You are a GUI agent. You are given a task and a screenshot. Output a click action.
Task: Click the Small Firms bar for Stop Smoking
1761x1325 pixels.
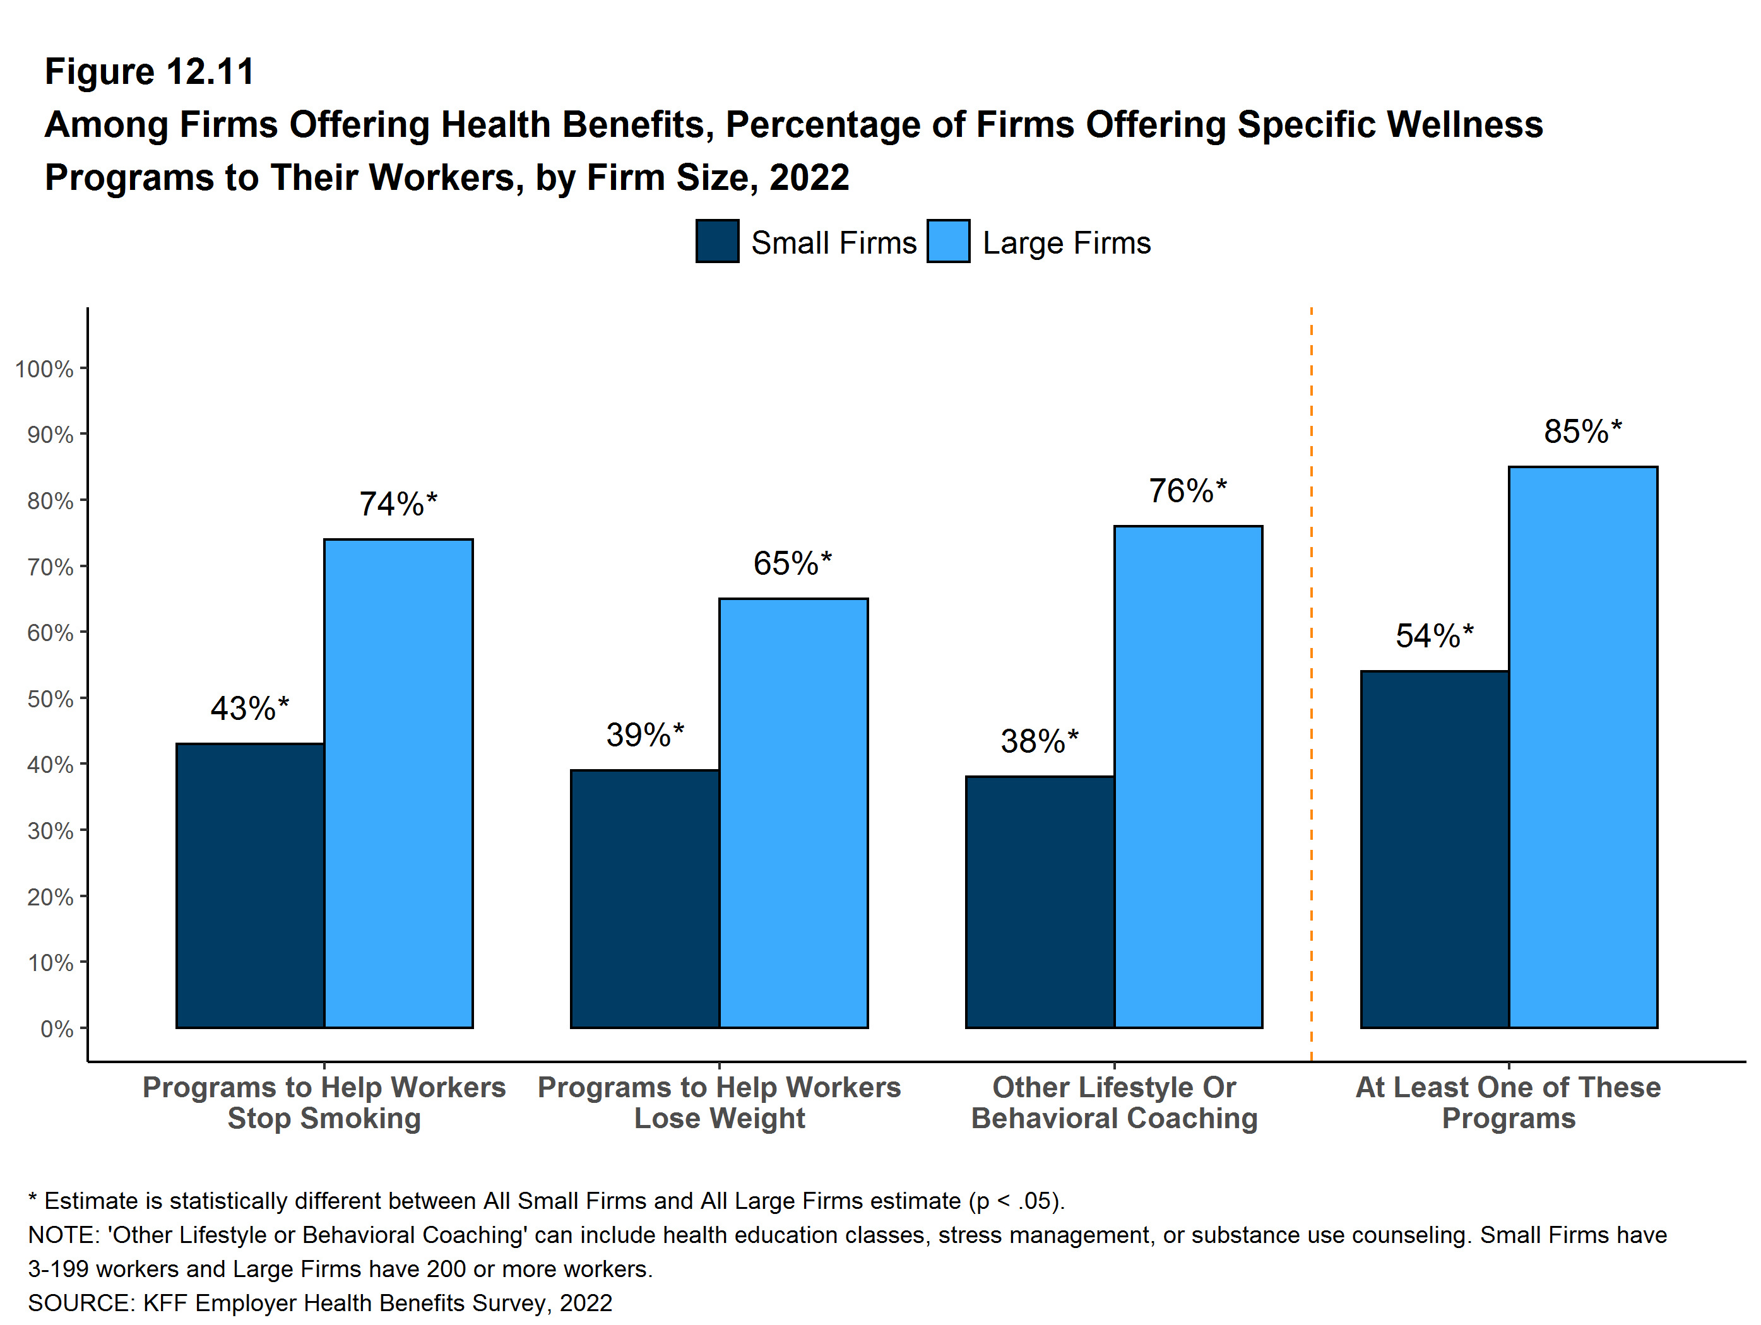[x=250, y=885]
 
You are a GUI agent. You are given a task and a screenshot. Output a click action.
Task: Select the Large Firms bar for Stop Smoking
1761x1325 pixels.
[x=398, y=783]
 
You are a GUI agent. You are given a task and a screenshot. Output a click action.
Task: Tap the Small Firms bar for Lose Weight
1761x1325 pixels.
[x=645, y=898]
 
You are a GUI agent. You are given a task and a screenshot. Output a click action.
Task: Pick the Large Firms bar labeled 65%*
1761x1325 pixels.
[x=793, y=813]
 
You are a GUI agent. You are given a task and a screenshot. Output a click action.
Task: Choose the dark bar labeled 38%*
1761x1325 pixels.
[x=1040, y=902]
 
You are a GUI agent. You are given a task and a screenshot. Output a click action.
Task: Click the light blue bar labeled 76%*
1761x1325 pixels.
[x=1188, y=777]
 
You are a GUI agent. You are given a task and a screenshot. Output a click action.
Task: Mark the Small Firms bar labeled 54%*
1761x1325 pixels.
[x=1435, y=849]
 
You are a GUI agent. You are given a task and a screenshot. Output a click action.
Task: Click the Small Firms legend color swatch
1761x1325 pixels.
[x=717, y=241]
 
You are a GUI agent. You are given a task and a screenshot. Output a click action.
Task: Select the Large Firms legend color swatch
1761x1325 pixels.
[x=948, y=241]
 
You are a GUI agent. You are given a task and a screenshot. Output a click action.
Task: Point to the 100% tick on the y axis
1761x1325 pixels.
[x=45, y=369]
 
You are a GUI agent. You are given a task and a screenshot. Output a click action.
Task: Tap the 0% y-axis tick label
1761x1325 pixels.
[x=57, y=1029]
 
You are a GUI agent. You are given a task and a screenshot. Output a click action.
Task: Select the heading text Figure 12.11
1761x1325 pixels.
[x=150, y=72]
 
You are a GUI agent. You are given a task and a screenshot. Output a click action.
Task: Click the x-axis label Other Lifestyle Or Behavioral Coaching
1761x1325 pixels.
[x=1114, y=1102]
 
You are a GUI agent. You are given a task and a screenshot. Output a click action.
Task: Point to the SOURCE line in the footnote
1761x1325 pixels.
[x=320, y=1303]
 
